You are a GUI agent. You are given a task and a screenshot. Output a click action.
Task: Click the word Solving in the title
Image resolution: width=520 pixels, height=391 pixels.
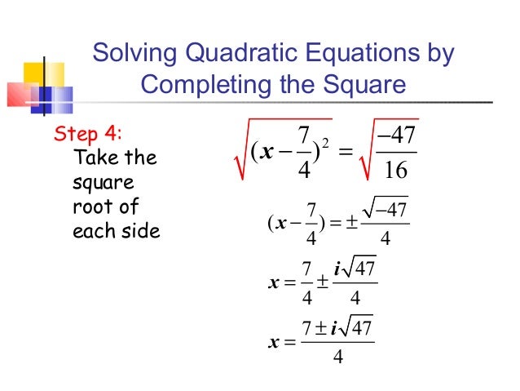coord(133,54)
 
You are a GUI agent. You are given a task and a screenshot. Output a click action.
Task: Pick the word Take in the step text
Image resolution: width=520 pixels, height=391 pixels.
coord(90,157)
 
